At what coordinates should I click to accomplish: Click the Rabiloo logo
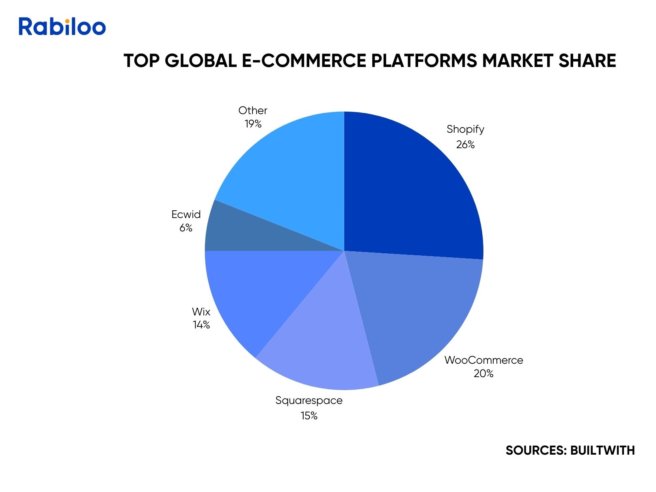pos(62,26)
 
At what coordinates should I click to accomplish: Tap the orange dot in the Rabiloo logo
pos(67,21)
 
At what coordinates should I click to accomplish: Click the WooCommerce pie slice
pos(419,311)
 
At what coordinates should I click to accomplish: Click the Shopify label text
pos(465,129)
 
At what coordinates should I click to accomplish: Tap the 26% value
pos(465,145)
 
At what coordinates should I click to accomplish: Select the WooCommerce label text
pos(483,360)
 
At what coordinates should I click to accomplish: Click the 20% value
pos(483,373)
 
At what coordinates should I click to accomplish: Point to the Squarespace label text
pos(309,401)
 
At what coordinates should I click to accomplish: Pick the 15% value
pos(309,416)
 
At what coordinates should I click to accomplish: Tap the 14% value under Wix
pos(201,325)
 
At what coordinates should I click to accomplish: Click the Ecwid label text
pos(186,214)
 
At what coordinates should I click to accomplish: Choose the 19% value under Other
pos(253,124)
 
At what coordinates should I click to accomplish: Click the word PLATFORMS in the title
pos(424,60)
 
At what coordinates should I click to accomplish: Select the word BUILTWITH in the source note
pos(602,451)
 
